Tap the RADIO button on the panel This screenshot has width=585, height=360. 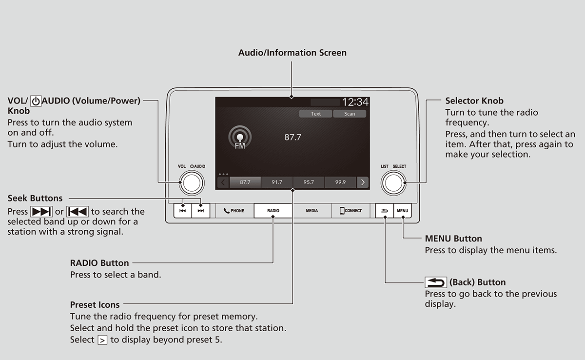click(x=273, y=211)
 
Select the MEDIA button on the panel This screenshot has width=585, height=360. click(x=312, y=211)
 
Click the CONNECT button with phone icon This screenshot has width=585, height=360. click(x=351, y=211)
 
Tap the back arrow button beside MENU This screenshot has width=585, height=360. click(x=385, y=211)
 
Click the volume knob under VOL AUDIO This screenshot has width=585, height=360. click(x=192, y=182)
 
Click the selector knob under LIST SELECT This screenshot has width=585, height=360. click(x=393, y=182)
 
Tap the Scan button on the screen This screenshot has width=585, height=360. click(x=350, y=114)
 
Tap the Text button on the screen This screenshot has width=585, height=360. click(x=316, y=114)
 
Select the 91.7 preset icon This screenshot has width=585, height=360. click(x=277, y=182)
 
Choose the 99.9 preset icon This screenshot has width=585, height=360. click(x=340, y=182)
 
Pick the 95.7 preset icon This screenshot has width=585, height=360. click(x=309, y=182)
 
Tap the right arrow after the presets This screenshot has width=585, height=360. click(x=363, y=182)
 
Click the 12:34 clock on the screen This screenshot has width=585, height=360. click(x=355, y=102)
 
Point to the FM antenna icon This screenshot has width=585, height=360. click(x=240, y=138)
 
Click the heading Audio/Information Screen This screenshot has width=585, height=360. click(x=292, y=53)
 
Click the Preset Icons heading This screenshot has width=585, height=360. click(x=95, y=305)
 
